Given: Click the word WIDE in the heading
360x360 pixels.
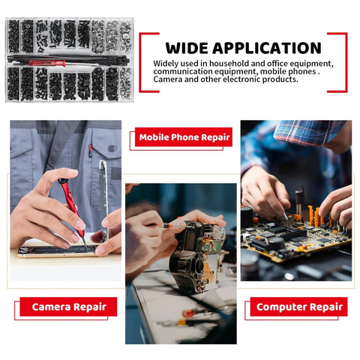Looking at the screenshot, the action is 187,48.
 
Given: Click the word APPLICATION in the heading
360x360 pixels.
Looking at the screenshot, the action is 267,48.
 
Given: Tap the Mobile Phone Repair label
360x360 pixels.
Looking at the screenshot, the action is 184,137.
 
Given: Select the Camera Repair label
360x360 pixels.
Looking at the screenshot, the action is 68,307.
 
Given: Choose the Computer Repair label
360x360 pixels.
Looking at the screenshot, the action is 299,307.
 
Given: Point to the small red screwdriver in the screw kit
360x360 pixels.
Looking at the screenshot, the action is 47,63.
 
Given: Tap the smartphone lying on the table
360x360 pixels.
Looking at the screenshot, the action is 58,250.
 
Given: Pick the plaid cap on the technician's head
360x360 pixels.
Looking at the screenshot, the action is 310,132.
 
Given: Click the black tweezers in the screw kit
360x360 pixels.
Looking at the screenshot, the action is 68,59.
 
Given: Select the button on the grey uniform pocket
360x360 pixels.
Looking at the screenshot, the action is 112,148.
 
